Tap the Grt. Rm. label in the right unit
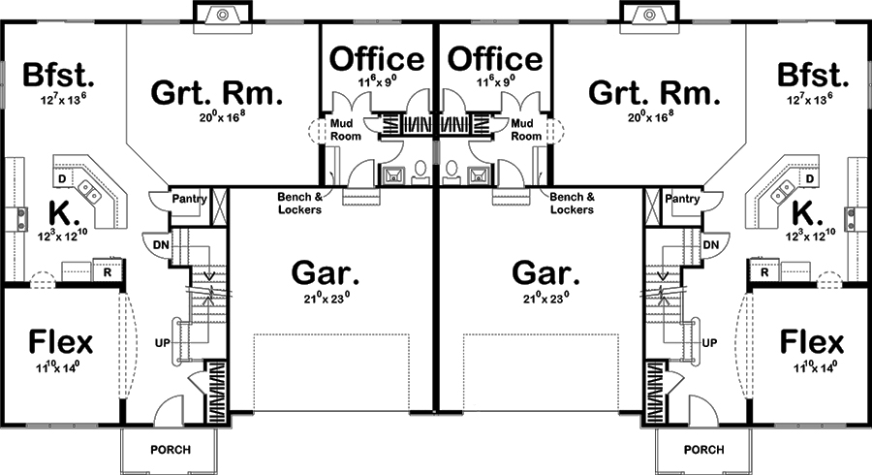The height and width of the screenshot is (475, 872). coord(654,94)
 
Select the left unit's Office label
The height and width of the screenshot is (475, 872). coord(378,59)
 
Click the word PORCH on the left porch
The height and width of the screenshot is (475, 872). coord(171,450)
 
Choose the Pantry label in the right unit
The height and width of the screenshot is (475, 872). coord(682,199)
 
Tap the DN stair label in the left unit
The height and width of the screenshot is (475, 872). coord(159,245)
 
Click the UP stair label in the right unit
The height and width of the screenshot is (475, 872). coord(709,342)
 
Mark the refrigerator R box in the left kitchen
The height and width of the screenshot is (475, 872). coord(108,272)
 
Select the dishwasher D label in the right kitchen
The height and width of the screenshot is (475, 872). coord(810,179)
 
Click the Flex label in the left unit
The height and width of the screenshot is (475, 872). coord(60,341)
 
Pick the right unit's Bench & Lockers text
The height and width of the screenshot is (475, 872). coord(571,203)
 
